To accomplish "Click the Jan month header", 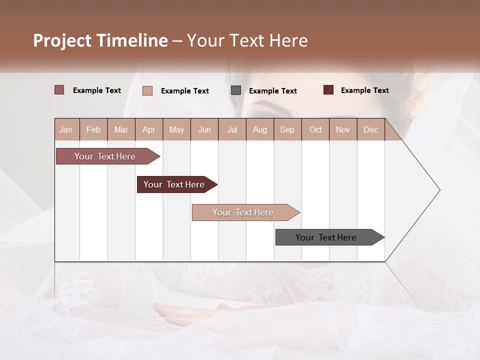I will [66, 129].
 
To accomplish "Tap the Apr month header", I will [148, 129].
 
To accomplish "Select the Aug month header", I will [259, 129].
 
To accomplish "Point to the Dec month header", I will [370, 129].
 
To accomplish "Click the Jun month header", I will [204, 129].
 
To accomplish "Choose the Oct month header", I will [315, 129].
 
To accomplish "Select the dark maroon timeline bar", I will [175, 184].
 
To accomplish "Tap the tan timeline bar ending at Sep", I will [244, 212].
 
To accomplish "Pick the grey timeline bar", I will [327, 237].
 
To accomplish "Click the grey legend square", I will [236, 90].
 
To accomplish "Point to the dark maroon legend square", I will [328, 90].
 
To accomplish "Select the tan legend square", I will [147, 90].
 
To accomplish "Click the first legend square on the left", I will [59, 90].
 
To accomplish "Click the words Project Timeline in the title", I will [100, 40].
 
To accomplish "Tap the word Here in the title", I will [288, 40].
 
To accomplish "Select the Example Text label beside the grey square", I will [272, 90].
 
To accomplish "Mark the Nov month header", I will [342, 129].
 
